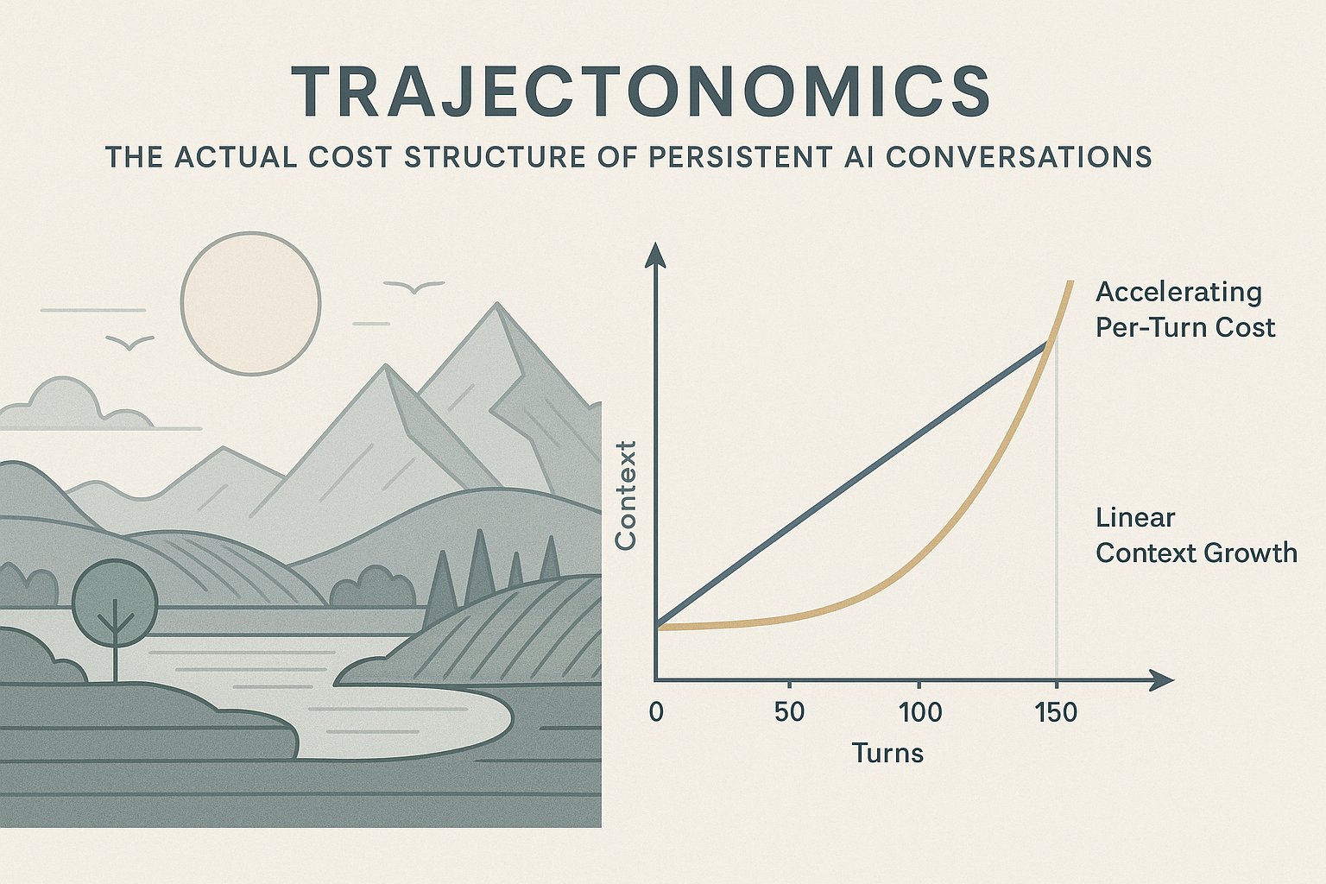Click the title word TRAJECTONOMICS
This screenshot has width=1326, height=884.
641,92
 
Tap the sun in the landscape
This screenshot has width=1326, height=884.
250,303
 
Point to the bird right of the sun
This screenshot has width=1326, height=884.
414,287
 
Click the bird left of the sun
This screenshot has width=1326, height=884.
129,342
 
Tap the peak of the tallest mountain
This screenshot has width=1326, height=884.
497,303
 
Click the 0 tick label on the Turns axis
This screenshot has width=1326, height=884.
656,712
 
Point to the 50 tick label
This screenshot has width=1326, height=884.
789,712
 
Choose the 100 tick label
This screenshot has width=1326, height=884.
920,712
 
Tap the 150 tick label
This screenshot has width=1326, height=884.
1056,712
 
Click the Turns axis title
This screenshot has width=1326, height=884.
887,753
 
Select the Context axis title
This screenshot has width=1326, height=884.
625,495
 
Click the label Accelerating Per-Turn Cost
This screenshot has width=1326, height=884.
1184,310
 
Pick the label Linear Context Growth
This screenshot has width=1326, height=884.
1196,536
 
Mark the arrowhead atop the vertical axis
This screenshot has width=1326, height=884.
655,255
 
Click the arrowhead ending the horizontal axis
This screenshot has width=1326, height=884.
1161,679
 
